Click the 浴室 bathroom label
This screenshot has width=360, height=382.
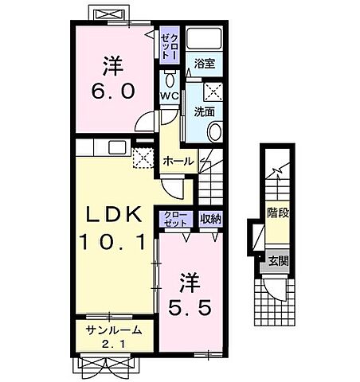click(204, 64)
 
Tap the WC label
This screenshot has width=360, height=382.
click(170, 95)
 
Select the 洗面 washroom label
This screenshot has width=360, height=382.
click(204, 112)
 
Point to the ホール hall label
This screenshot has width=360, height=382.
click(178, 161)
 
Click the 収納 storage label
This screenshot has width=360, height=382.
click(210, 219)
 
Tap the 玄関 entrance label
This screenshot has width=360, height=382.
click(278, 261)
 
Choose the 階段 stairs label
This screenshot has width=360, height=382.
click(278, 212)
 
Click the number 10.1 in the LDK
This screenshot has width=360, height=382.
click(113, 242)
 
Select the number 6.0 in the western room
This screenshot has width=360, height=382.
click(113, 91)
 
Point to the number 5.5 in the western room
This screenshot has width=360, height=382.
click(190, 307)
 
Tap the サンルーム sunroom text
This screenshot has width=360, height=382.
click(114, 330)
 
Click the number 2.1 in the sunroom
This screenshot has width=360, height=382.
click(113, 344)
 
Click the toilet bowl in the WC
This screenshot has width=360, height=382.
click(170, 79)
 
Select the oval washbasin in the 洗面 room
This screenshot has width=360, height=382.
click(215, 132)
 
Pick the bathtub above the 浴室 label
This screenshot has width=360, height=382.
click(204, 38)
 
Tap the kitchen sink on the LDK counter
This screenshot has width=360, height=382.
click(117, 147)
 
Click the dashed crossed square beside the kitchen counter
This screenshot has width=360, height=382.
click(143, 158)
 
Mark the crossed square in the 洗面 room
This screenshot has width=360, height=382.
click(213, 92)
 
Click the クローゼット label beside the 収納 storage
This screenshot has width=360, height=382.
click(175, 219)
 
